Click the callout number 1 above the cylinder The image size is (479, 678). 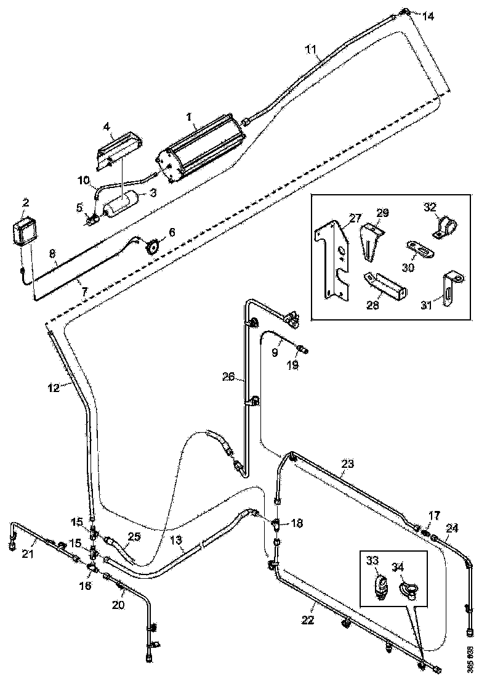coord(190,115)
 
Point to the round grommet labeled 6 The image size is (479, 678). coord(151,246)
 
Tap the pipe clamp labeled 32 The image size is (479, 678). coord(445,227)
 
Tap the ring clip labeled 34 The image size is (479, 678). coord(409,590)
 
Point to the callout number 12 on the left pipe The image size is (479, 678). coord(53,388)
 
